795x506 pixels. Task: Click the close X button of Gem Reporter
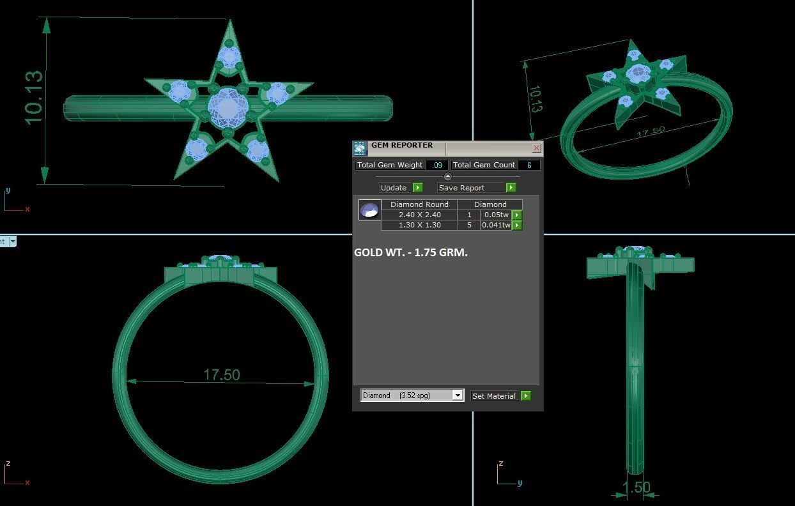pos(536,148)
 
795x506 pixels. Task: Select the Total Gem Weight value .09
pos(437,165)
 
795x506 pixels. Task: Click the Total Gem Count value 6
pos(529,165)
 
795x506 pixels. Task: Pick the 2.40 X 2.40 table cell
pos(419,215)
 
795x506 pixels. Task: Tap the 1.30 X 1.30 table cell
pos(419,225)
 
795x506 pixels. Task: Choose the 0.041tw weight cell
pos(496,225)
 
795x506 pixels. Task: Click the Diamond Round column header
pos(419,204)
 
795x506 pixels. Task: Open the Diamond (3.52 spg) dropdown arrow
pos(458,395)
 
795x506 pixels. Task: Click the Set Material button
pos(494,396)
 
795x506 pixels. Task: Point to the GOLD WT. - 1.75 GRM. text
pos(411,252)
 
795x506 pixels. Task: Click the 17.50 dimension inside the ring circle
pos(221,374)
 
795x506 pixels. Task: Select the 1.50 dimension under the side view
pos(636,487)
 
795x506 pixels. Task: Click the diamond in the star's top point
pos(229,57)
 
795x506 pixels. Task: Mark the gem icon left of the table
pos(369,210)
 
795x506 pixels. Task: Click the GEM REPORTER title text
pos(402,145)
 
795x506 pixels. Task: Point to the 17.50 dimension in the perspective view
pos(651,132)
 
